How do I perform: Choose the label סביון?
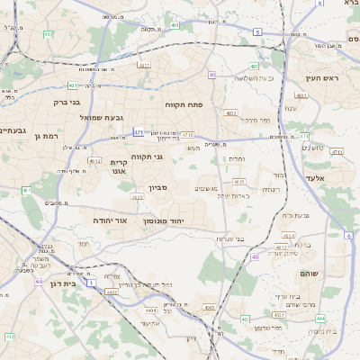point(159,189)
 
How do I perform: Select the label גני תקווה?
point(146,157)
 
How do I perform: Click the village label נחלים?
point(236,158)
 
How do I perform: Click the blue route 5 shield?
point(256,31)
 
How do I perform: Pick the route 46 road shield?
point(255,256)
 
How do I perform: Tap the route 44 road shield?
point(39,282)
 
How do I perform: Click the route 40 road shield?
point(211,75)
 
